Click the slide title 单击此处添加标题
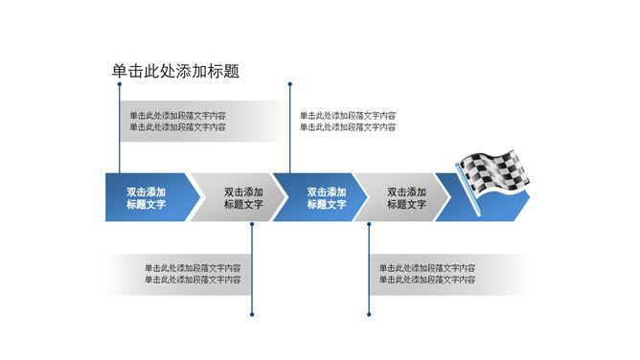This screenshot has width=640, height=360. point(175,70)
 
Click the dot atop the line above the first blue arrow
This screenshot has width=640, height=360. point(119,84)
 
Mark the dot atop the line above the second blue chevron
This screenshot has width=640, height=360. point(289,84)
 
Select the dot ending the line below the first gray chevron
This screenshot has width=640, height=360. point(251,313)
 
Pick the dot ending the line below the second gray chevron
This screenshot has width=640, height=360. point(369,313)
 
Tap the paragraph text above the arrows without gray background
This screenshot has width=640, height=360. point(348,122)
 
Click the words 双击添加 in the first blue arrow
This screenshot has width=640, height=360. point(146,191)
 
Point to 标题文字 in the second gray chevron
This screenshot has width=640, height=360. point(406,204)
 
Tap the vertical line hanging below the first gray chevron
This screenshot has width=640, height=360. point(251,268)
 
